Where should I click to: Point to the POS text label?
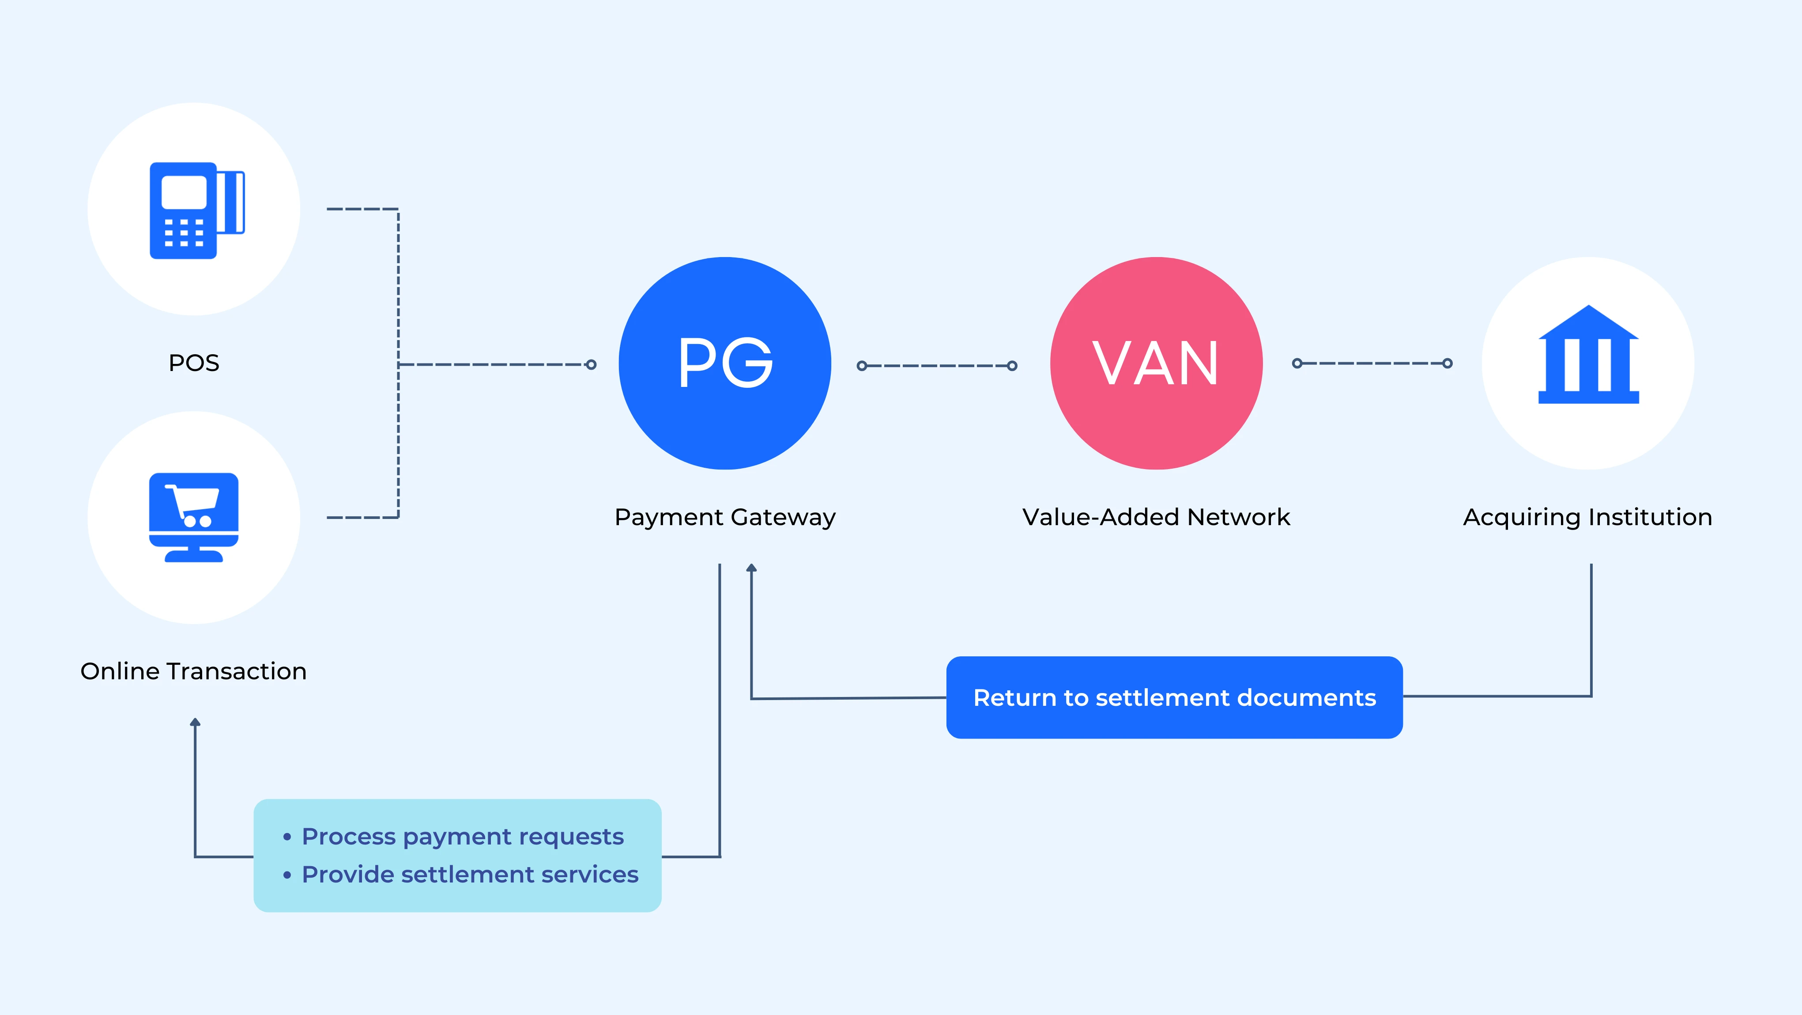194,363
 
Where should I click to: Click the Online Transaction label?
194,671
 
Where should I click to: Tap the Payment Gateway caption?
725,517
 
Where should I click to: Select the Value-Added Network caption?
1156,517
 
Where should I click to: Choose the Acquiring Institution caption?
1587,517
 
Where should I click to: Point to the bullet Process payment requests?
462,837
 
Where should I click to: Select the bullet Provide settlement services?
469,874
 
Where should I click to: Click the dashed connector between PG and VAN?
937,365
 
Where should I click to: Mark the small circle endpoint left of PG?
591,365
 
